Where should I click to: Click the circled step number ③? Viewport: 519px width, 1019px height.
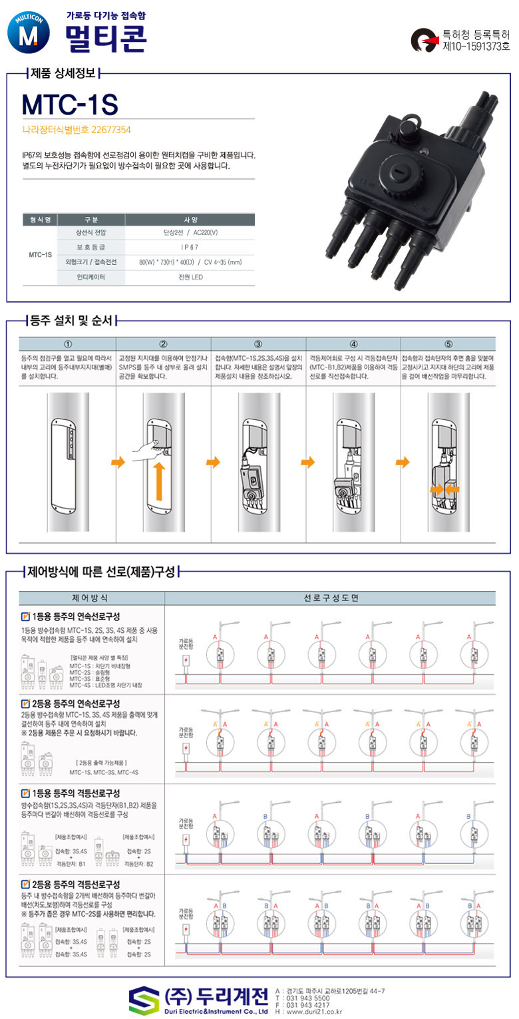pos(258,344)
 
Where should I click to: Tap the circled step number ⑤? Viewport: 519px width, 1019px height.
pos(448,344)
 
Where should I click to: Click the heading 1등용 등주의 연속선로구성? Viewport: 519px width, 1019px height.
pos(75,616)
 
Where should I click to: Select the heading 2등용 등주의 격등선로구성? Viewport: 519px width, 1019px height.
pos(75,885)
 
